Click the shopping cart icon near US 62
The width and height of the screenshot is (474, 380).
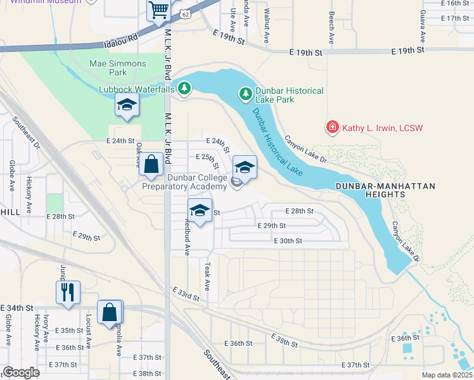(x=158, y=10)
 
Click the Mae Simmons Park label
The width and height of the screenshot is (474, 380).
(x=118, y=68)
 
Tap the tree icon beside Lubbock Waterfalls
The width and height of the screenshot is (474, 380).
(x=184, y=89)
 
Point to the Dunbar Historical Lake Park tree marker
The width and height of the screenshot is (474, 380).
(x=245, y=94)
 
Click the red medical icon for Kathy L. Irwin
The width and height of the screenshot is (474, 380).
(x=331, y=128)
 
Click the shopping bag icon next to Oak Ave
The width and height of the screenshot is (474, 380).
(x=151, y=164)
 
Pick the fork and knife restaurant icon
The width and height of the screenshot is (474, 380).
(x=67, y=292)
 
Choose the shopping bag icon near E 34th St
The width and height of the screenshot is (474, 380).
(x=110, y=312)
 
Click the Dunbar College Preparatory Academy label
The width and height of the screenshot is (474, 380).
(x=184, y=182)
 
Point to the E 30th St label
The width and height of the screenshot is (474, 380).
(x=288, y=241)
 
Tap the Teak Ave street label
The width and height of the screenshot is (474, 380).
(x=207, y=278)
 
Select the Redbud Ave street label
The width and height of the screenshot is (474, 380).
(x=187, y=237)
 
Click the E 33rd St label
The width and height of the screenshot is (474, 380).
(x=186, y=293)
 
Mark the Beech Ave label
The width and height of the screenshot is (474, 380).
(x=331, y=23)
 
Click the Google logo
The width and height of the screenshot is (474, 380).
(x=22, y=372)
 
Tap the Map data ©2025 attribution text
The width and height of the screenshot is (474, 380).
(x=447, y=375)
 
